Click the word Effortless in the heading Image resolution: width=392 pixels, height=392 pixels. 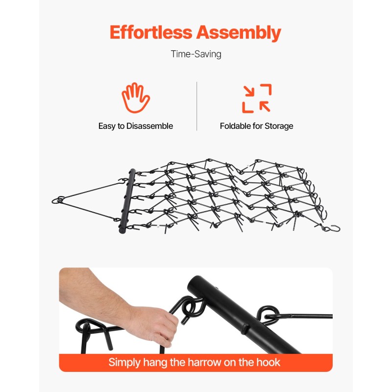tap(151, 32)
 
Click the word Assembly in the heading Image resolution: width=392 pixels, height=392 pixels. tap(239, 33)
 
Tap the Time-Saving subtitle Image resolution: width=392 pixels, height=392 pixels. tap(196, 54)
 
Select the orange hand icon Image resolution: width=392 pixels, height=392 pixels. tap(136, 98)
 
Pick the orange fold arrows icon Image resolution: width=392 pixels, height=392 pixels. tap(257, 98)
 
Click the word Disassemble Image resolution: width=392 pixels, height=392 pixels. tap(149, 126)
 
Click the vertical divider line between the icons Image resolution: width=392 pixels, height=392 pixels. tap(197, 106)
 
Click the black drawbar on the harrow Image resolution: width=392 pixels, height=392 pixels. tap(127, 201)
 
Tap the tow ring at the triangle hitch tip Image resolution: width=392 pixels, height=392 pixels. tap(58, 200)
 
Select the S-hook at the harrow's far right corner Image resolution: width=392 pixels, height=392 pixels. tap(333, 228)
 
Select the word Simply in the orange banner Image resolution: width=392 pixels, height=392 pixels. tap(124, 363)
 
